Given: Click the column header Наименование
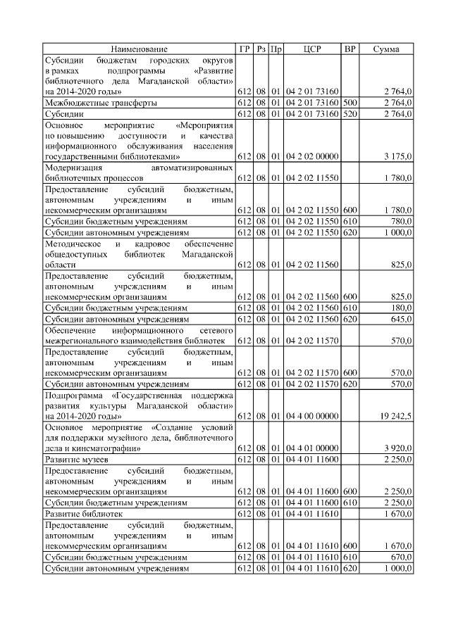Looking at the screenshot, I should pyautogui.click(x=140, y=49).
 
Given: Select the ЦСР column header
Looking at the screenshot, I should pyautogui.click(x=312, y=49).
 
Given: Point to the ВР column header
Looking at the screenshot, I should pyautogui.click(x=350, y=49).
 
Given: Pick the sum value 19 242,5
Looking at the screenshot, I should pyautogui.click(x=395, y=417).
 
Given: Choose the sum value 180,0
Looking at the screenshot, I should pyautogui.click(x=401, y=308).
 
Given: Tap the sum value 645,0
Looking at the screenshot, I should pyautogui.click(x=401, y=320).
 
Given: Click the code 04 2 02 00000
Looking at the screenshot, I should pyautogui.click(x=312, y=156).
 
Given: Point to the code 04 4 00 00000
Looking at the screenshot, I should pyautogui.click(x=312, y=417).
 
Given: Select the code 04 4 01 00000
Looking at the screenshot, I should pyautogui.click(x=312, y=448).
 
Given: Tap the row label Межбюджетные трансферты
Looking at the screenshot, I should pyautogui.click(x=101, y=103).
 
